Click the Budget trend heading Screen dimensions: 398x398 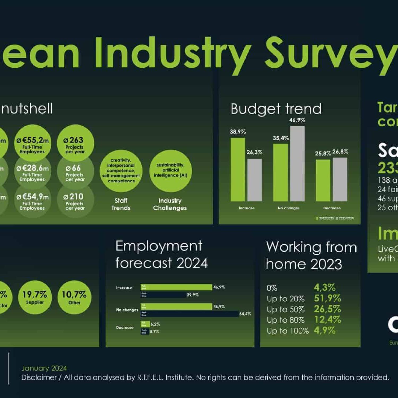click(x=276, y=109)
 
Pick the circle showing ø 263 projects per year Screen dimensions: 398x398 click(x=75, y=143)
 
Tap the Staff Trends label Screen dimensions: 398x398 click(x=121, y=204)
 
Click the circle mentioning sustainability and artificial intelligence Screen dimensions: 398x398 click(x=170, y=171)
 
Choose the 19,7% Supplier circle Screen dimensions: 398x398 click(x=35, y=297)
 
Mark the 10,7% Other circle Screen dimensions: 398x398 click(x=74, y=297)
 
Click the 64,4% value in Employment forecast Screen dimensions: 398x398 click(x=245, y=314)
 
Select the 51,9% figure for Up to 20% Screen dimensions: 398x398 click(x=327, y=298)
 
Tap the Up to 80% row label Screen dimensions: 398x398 click(x=285, y=320)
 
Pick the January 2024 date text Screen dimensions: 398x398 click(x=44, y=368)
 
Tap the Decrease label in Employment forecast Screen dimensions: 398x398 click(x=125, y=328)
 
